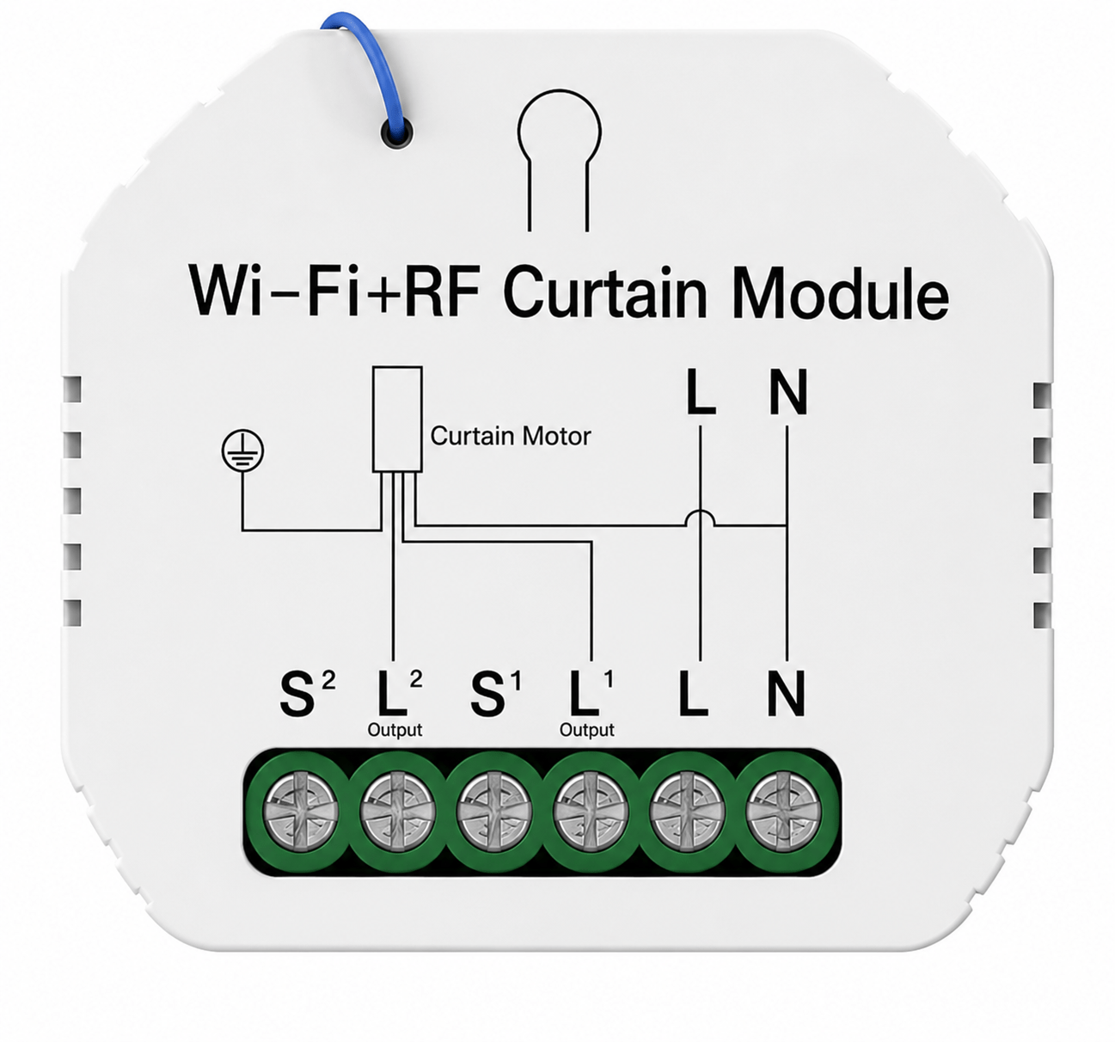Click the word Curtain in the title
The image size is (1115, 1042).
click(604, 292)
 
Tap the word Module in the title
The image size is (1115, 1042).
click(841, 292)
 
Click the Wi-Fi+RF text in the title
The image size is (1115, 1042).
click(334, 292)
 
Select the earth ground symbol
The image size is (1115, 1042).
click(242, 451)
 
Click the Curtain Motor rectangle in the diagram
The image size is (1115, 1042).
click(397, 419)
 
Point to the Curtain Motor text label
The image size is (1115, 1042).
click(511, 437)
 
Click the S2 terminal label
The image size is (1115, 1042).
click(307, 694)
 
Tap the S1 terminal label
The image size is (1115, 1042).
click(496, 694)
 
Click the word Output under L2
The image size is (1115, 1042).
click(395, 730)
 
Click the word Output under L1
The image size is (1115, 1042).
click(586, 730)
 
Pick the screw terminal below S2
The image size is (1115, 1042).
click(300, 812)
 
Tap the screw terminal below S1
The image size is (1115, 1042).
click(493, 812)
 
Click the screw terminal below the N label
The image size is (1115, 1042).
click(784, 812)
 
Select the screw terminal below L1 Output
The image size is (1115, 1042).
click(590, 812)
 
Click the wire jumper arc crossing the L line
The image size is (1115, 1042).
click(700, 512)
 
